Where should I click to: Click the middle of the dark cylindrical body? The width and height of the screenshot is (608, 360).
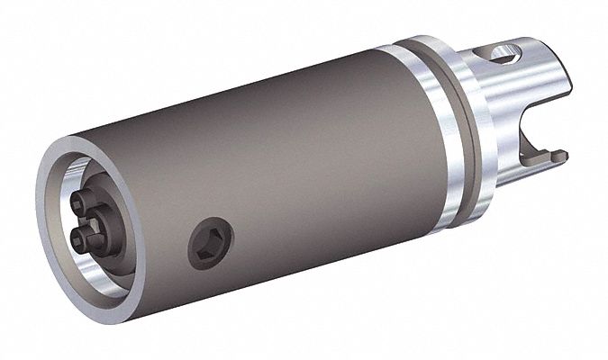pyautogui.click(x=270, y=162)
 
